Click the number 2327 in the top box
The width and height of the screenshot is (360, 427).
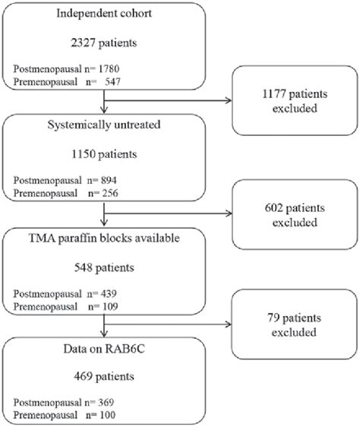click(x=83, y=43)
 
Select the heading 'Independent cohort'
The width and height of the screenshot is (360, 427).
click(x=104, y=14)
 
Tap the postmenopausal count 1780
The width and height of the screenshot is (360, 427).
click(x=109, y=69)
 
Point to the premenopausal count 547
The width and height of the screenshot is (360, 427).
click(x=112, y=82)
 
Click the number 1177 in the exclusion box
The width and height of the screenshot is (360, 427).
click(x=274, y=94)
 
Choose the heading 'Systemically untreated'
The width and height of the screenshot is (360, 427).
click(x=104, y=125)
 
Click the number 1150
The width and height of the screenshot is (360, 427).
click(x=84, y=154)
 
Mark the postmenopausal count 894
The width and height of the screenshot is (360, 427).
click(x=109, y=180)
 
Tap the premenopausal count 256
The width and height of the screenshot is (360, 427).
click(x=110, y=193)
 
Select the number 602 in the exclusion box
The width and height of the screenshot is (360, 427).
click(x=273, y=208)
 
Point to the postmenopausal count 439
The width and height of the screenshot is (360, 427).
click(x=109, y=294)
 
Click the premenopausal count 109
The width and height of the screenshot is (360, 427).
click(x=110, y=307)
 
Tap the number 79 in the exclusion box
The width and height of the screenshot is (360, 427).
click(x=273, y=318)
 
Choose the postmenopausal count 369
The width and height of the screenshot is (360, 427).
click(x=106, y=403)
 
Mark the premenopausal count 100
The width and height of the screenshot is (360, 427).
click(x=107, y=416)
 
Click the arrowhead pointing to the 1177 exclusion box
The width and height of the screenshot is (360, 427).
click(x=228, y=100)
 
